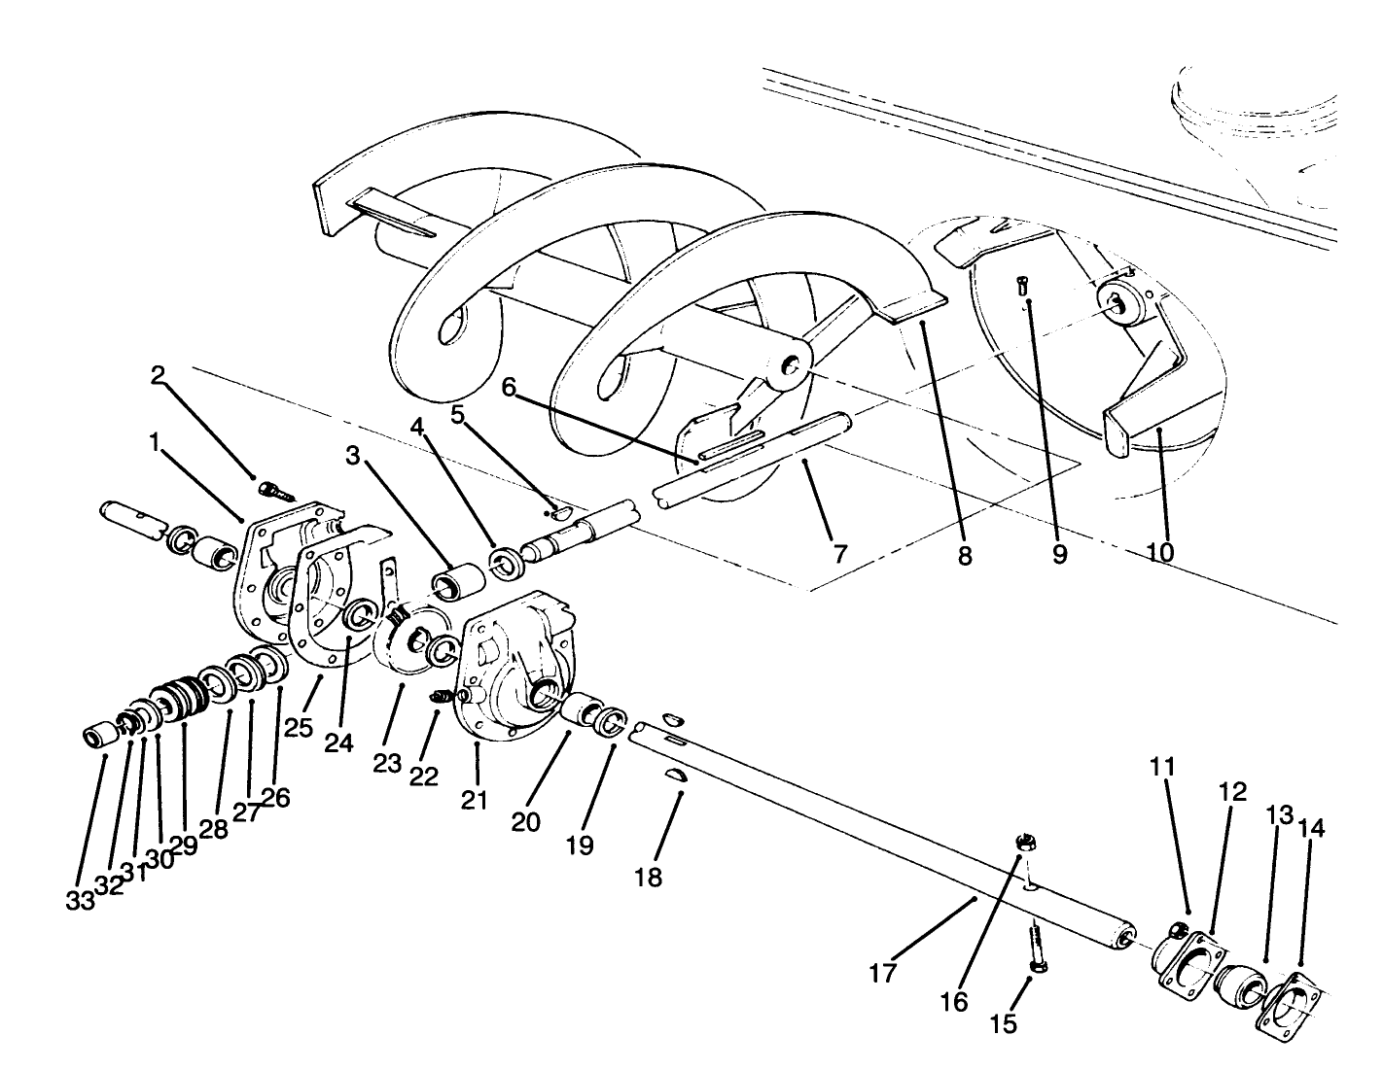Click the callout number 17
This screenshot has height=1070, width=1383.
[x=882, y=973]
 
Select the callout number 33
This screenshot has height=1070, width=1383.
[x=81, y=900]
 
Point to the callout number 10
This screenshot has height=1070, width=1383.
[x=1159, y=552]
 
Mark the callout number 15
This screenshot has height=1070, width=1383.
[x=1004, y=1023]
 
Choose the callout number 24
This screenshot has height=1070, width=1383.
[x=338, y=742]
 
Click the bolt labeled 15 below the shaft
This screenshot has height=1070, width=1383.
[x=1034, y=948]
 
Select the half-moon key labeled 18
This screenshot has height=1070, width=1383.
[x=677, y=774]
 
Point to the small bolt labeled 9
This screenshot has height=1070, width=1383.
[x=1020, y=285]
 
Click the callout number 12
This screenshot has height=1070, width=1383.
[x=1232, y=792]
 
